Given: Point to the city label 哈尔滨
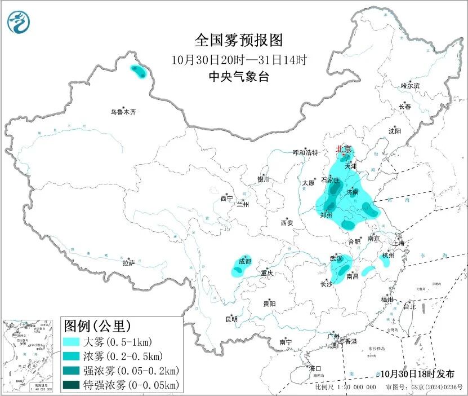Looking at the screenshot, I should click(x=410, y=86).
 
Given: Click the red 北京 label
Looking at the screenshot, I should click(x=344, y=149).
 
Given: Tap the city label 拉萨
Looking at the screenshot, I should click(x=128, y=262).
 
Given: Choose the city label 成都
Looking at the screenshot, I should click(x=245, y=261).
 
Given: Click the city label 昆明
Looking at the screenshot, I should click(x=231, y=319).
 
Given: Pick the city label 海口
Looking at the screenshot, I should click(x=315, y=368).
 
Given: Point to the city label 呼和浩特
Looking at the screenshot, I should click(x=305, y=153).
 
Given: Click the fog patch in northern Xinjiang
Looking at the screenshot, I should click(x=137, y=71).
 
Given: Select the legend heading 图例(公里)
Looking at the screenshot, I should click(x=97, y=325).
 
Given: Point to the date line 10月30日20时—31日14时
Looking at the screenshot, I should click(x=239, y=59).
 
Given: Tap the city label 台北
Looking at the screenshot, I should click(x=409, y=307).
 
